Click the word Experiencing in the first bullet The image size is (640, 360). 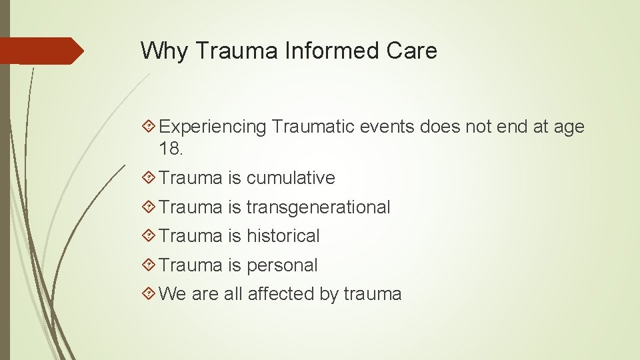(213, 127)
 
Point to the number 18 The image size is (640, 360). (170, 149)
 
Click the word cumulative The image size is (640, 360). (291, 178)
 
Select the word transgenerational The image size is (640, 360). (318, 207)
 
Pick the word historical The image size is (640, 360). (283, 236)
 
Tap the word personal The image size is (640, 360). (282, 265)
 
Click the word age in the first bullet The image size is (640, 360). (569, 127)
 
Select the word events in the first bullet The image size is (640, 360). (388, 127)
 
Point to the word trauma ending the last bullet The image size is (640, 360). (373, 294)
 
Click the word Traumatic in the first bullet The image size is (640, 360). (313, 127)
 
